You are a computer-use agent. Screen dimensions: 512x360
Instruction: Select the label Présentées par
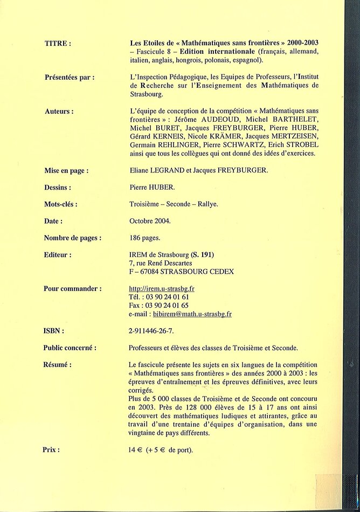(70, 77)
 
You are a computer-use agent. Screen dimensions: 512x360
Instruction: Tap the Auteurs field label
(59, 111)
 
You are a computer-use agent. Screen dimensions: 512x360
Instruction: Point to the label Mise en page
(67, 170)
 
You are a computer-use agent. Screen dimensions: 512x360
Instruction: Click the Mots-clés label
(61, 204)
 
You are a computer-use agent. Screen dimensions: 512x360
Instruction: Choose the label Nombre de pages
(73, 238)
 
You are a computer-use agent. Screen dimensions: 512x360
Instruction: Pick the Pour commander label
(72, 288)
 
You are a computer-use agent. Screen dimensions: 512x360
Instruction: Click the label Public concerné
(70, 348)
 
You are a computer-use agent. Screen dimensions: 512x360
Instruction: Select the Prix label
(51, 449)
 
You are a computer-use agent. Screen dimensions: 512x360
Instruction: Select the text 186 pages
(145, 238)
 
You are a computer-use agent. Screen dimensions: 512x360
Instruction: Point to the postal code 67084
(153, 272)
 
